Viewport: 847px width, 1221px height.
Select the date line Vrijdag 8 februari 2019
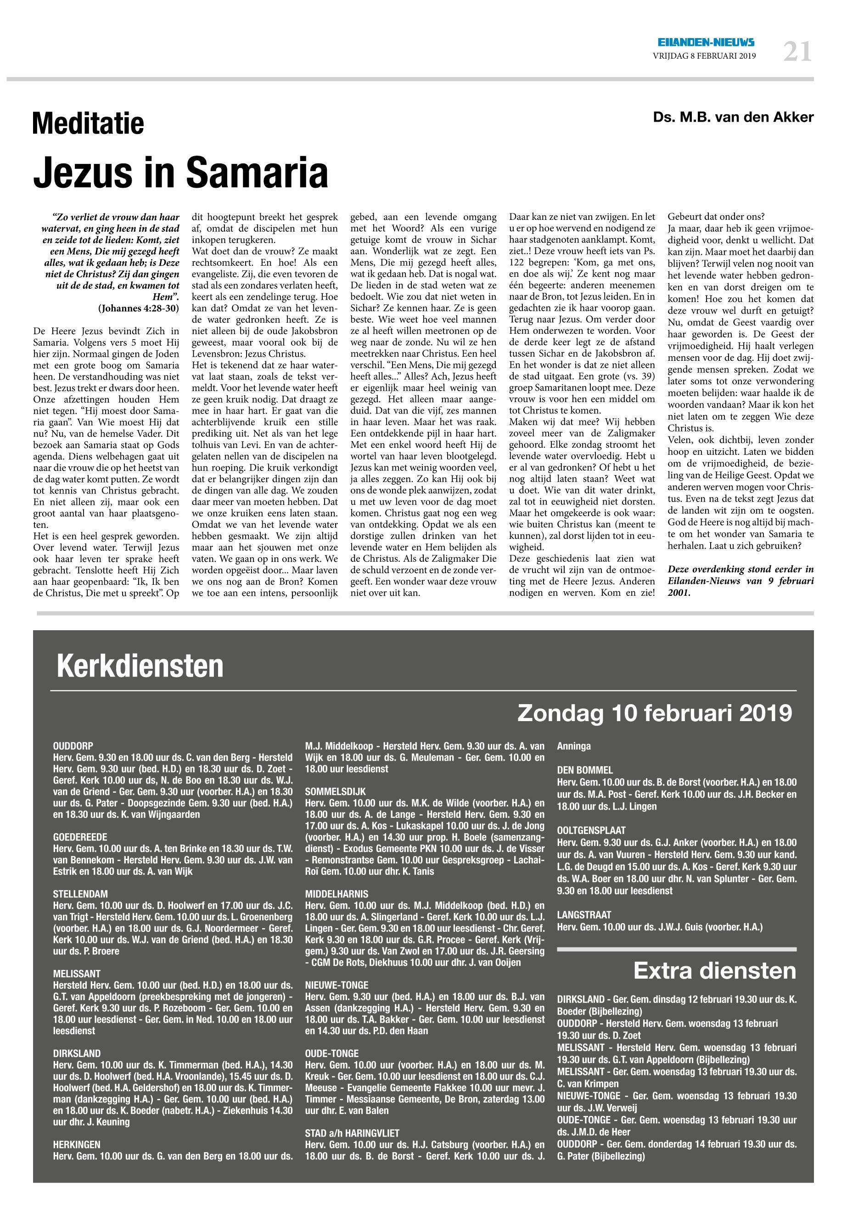(x=704, y=56)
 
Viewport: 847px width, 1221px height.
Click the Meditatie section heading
(x=88, y=123)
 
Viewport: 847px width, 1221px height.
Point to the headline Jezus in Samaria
(x=180, y=172)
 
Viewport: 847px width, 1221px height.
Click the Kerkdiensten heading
(x=140, y=666)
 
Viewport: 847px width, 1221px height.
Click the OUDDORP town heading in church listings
(x=73, y=746)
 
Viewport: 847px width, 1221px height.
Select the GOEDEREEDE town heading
(x=80, y=837)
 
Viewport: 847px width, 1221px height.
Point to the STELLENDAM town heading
(x=80, y=894)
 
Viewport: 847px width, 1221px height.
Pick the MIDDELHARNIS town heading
(x=337, y=894)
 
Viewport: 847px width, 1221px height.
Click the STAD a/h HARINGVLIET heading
(x=353, y=1133)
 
